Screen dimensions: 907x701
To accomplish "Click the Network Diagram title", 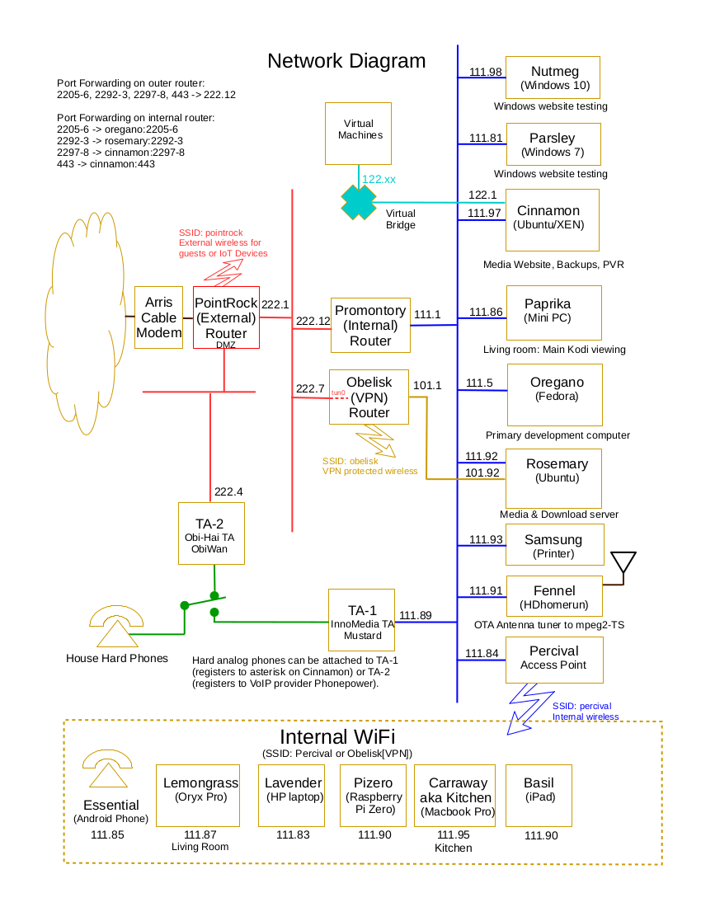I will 346,61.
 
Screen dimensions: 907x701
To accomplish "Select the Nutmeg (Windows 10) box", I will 553,78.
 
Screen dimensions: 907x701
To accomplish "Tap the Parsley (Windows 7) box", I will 553,144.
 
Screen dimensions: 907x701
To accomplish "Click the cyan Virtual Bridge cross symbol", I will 359,202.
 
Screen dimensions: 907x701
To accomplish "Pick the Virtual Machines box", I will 358,134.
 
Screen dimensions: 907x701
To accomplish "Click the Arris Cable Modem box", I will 158,317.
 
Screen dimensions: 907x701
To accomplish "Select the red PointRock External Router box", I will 226,317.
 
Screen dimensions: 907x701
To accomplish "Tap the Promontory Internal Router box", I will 370,325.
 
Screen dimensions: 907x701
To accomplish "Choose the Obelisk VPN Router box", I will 369,397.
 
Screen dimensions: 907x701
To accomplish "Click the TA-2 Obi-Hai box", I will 211,533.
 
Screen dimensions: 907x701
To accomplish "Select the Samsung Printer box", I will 553,546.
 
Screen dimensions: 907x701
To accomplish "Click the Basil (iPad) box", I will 539,795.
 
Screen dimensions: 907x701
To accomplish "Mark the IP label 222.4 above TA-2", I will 228,492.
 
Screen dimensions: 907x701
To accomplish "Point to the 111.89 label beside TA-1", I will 415,615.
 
